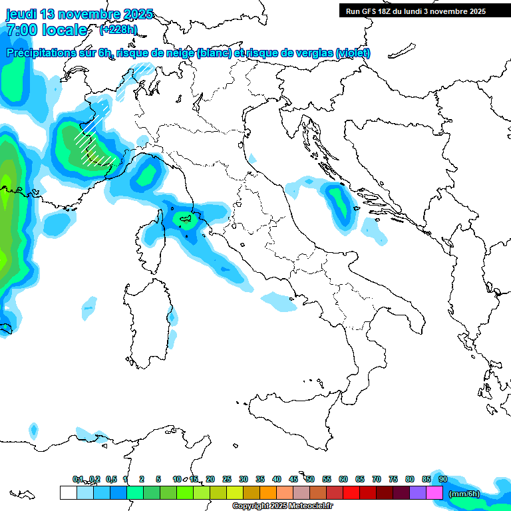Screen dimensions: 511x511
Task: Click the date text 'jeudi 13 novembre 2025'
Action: [80, 14]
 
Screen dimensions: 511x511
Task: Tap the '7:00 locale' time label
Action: [47, 30]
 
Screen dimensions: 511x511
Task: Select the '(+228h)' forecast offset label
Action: [118, 29]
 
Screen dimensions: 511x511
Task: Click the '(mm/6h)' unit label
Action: [464, 493]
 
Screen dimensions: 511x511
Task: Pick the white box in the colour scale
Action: [68, 492]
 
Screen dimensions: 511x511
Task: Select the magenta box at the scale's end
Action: [434, 492]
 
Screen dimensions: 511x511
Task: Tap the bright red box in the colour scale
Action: [351, 492]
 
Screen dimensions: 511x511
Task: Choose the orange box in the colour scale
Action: [268, 492]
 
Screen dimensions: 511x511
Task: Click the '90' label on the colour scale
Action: [443, 479]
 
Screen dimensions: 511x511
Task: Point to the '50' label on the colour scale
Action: [310, 479]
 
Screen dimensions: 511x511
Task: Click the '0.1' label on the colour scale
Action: [78, 479]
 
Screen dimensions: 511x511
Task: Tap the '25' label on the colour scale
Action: [227, 479]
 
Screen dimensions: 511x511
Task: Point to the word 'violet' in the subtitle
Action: [353, 53]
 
